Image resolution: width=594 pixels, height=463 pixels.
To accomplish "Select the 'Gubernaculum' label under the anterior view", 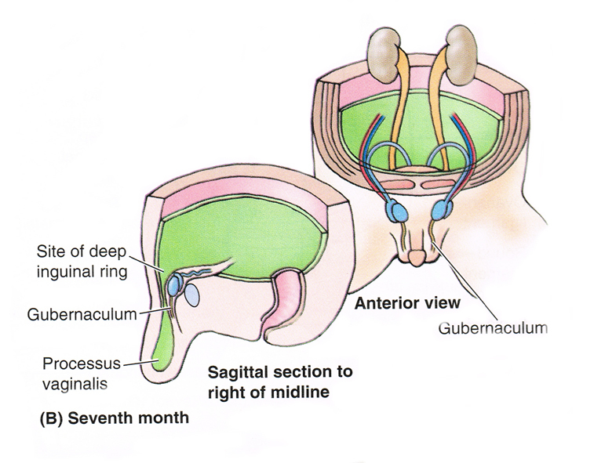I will pos(493,327).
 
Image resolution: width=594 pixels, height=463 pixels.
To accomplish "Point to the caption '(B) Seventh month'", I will pos(115,418).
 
